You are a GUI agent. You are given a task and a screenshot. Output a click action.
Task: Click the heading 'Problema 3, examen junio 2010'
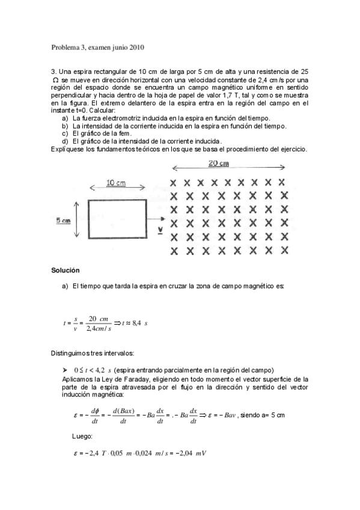[x=98, y=47]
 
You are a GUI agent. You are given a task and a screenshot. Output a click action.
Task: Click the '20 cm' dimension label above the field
[x=219, y=163]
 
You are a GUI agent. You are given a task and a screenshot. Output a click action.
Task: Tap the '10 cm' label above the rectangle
[x=117, y=183]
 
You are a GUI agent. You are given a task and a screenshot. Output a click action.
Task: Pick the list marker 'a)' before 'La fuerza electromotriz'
[x=65, y=118]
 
